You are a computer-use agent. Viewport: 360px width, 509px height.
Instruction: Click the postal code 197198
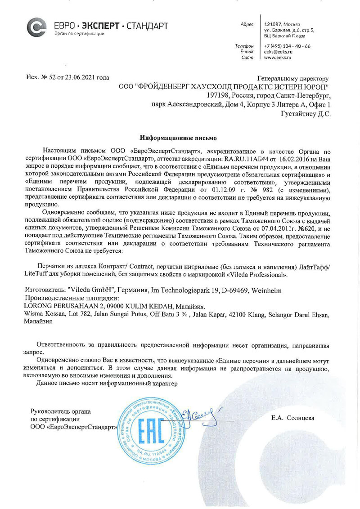pos(217,95)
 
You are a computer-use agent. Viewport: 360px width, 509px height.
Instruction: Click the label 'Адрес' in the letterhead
pos(247,24)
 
